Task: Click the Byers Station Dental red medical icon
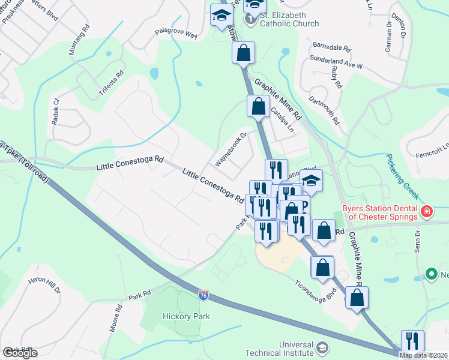(x=426, y=211)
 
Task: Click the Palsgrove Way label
(x=176, y=34)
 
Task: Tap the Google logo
(x=20, y=353)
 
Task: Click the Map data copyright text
(x=423, y=355)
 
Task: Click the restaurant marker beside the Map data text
(x=412, y=341)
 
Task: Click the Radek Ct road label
(x=56, y=112)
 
